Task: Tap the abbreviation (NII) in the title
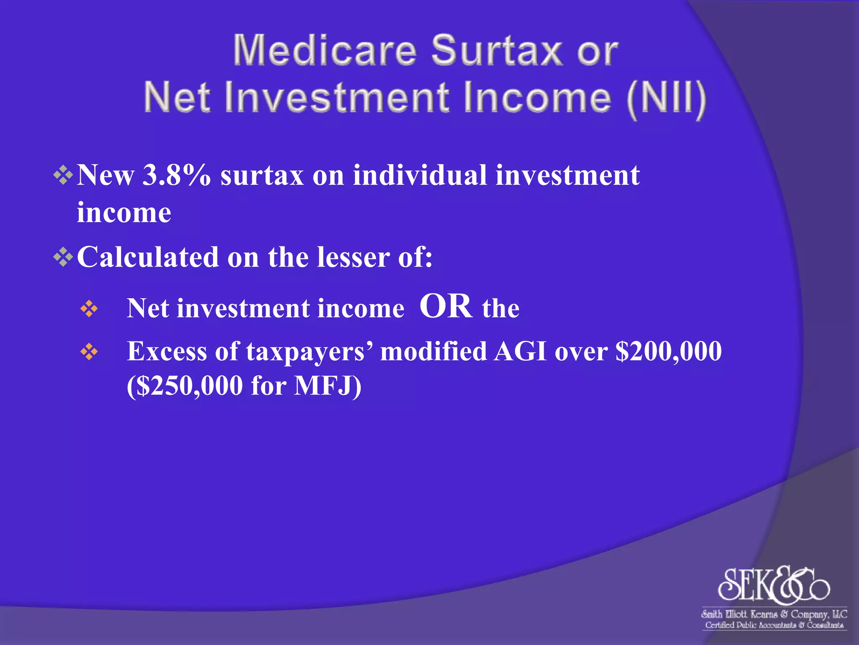[666, 98]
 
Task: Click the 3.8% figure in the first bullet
[176, 175]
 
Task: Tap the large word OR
[445, 307]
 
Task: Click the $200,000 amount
[669, 351]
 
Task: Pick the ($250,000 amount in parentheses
[185, 385]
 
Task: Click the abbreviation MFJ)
[327, 385]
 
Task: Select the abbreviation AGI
[520, 351]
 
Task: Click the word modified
[433, 351]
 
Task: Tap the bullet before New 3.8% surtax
[63, 175]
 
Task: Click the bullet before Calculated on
[63, 257]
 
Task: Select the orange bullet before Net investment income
[89, 309]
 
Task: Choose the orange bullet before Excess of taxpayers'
[89, 352]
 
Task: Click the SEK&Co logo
[773, 584]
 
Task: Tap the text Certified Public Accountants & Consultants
[774, 625]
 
